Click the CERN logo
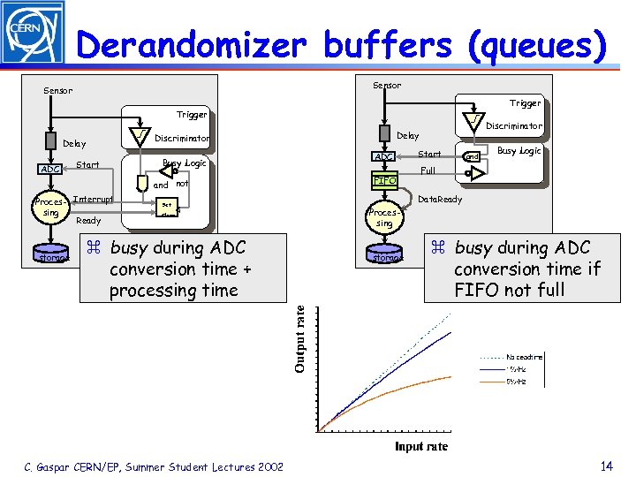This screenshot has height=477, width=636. click(33, 33)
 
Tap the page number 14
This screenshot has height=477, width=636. click(606, 466)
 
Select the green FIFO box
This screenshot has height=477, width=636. click(385, 181)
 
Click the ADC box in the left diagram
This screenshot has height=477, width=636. click(49, 169)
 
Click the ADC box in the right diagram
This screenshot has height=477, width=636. click(384, 157)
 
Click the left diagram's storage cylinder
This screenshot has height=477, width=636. click(49, 254)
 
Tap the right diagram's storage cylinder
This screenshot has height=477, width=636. click(385, 255)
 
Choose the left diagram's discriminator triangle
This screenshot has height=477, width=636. click(140, 133)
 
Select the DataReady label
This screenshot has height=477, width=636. click(439, 200)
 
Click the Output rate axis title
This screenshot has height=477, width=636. click(302, 338)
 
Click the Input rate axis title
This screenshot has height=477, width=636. click(421, 446)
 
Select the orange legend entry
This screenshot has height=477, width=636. click(517, 380)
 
